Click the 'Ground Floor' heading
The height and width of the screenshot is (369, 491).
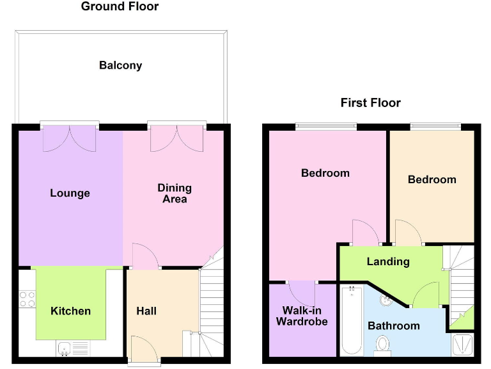pyautogui.click(x=120, y=7)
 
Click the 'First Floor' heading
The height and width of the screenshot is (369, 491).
pyautogui.click(x=370, y=102)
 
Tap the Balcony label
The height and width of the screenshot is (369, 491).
pyautogui.click(x=120, y=65)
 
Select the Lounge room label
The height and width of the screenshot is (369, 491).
pyautogui.click(x=70, y=193)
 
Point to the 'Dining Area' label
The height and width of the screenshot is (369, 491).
pyautogui.click(x=175, y=193)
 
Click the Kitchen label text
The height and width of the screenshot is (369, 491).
pyautogui.click(x=70, y=311)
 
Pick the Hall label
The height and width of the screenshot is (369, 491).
pyautogui.click(x=146, y=311)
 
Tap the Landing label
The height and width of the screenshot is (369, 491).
pyautogui.click(x=387, y=261)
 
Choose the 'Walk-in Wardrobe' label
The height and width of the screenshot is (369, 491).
pyautogui.click(x=302, y=316)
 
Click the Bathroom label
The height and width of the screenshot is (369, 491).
pyautogui.click(x=394, y=325)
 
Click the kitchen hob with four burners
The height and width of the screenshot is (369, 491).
pyautogui.click(x=27, y=299)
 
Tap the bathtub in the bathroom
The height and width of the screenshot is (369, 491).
pyautogui.click(x=352, y=320)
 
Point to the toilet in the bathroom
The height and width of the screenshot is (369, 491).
pyautogui.click(x=383, y=345)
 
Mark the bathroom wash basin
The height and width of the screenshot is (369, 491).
pyautogui.click(x=387, y=300)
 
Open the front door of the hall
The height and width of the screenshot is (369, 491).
pyautogui.click(x=142, y=349)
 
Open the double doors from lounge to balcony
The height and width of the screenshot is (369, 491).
pyautogui.click(x=70, y=138)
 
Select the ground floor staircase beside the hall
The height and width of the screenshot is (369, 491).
pyautogui.click(x=212, y=307)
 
